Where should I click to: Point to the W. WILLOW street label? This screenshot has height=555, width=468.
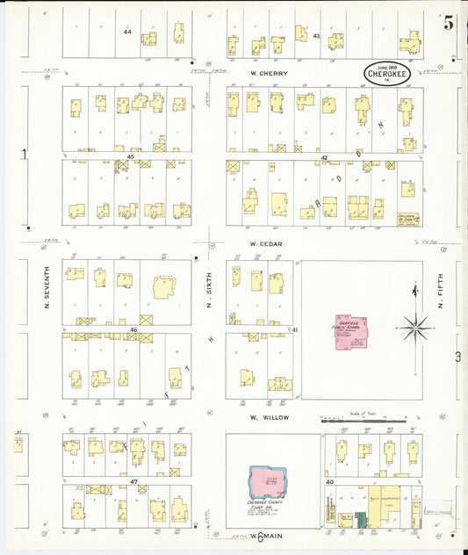pos(263,419)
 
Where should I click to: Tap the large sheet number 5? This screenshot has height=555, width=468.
pos(449,24)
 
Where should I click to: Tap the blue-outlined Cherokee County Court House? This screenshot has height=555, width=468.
pos(272,482)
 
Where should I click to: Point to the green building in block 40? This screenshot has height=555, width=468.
pos(360,520)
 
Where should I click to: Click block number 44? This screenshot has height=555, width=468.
pos(127,32)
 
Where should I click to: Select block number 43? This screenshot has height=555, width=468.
pos(316,35)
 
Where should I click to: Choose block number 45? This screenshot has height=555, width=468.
pos(130,156)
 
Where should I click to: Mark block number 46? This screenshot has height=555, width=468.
pos(133,330)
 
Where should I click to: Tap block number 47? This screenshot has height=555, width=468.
pos(133,481)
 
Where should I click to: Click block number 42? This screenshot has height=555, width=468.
pos(323,157)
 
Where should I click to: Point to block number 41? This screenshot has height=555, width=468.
pos(295,329)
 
